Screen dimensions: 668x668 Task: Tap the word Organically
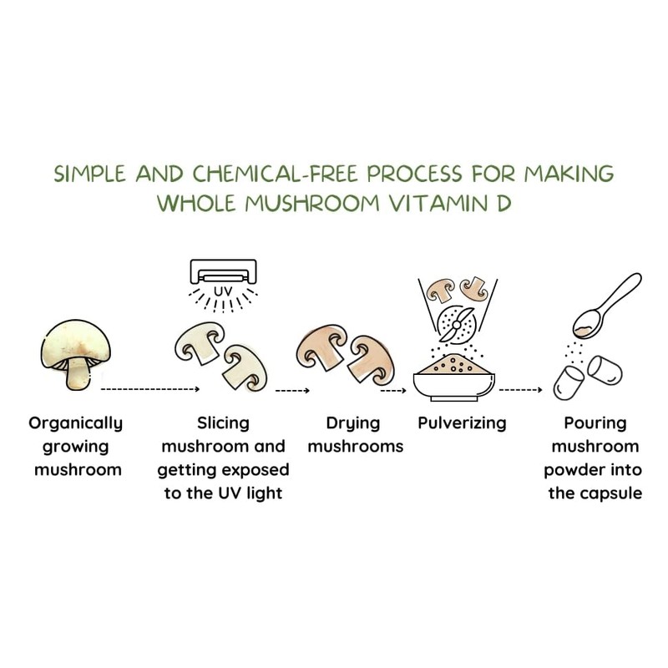[75, 423]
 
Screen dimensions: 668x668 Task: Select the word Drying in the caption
[355, 423]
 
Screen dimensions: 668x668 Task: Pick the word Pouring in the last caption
[594, 423]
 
